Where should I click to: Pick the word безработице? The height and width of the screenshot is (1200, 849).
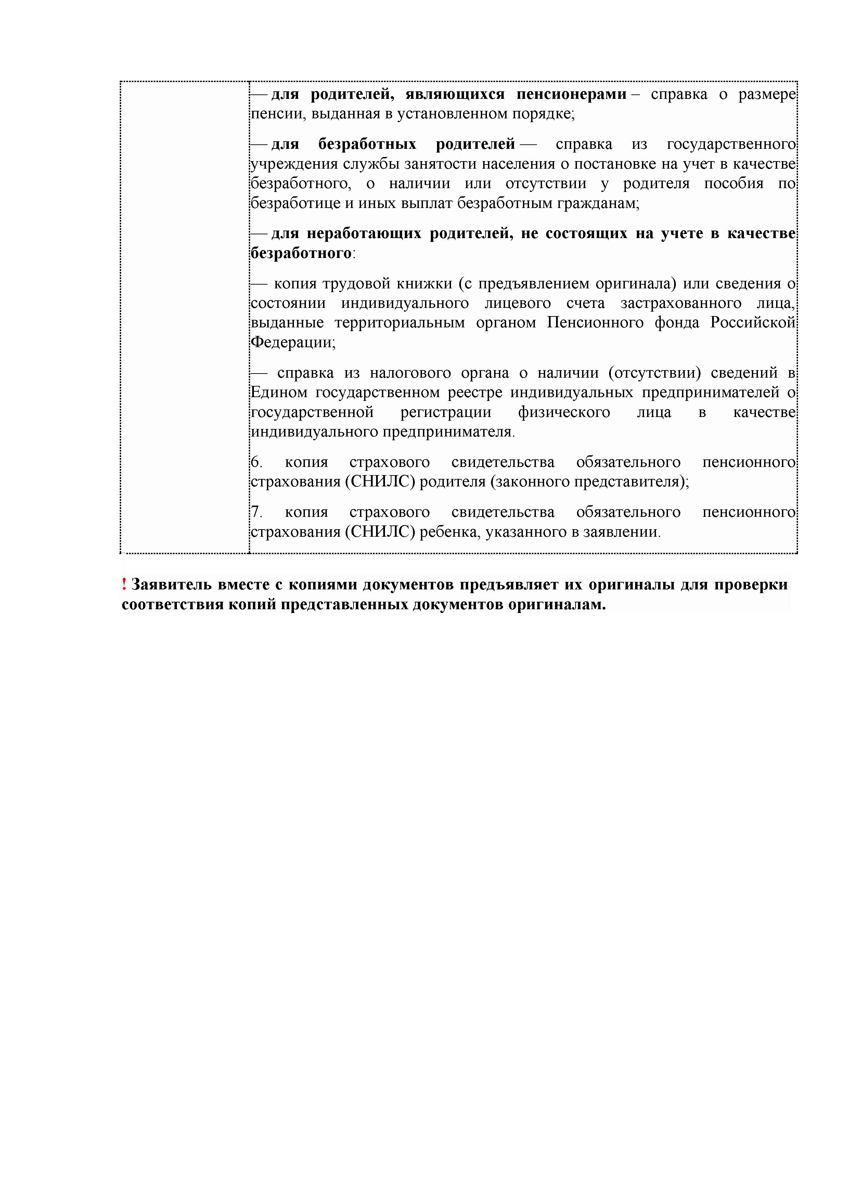click(x=295, y=203)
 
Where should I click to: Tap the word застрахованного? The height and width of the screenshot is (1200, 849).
click(x=681, y=303)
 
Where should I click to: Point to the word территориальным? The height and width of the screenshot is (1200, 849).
click(x=399, y=323)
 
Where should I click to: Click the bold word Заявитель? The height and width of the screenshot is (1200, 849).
click(x=171, y=584)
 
